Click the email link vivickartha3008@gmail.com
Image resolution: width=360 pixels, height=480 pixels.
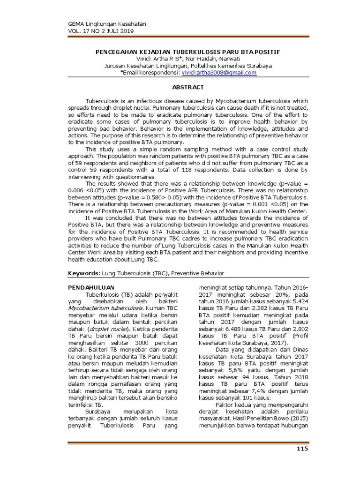point(219,73)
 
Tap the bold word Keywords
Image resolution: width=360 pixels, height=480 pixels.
point(83,273)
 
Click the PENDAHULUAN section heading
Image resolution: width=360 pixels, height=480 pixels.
point(89,287)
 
